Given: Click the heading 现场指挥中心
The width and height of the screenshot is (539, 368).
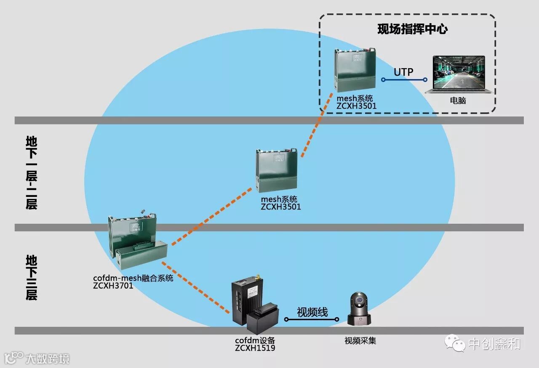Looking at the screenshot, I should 412,29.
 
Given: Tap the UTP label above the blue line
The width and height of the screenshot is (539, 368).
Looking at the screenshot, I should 403,72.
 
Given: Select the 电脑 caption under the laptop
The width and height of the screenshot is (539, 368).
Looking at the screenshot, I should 458,101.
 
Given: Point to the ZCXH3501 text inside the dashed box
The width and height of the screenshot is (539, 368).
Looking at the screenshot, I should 356,106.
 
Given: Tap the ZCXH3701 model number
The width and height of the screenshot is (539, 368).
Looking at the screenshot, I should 113,286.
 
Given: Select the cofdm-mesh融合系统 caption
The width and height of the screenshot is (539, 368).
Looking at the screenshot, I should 133,278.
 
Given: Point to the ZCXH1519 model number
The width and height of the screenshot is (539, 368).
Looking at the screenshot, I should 255,348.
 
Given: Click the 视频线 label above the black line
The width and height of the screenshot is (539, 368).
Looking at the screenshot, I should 312,312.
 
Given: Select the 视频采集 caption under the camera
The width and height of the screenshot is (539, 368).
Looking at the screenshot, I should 360,340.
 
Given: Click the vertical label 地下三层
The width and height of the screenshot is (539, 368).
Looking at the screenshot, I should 31,277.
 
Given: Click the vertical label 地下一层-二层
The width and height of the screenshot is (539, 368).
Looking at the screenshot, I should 31,172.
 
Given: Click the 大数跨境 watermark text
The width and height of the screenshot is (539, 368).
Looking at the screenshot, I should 47,359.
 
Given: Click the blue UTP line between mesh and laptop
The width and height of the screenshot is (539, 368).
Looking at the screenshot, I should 404,79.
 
